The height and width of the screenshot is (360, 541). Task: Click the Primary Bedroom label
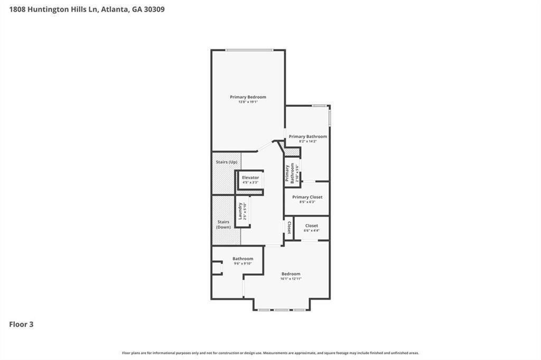(248, 97)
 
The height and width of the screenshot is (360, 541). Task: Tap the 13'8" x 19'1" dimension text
(248, 102)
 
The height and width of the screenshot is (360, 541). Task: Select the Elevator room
(250, 179)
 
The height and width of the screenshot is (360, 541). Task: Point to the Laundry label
(240, 211)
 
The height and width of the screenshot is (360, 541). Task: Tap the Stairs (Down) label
(223, 224)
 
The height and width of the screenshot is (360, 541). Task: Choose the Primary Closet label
(307, 197)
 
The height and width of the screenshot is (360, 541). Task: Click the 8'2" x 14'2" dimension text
(307, 141)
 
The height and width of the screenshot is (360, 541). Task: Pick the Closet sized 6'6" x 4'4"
(311, 228)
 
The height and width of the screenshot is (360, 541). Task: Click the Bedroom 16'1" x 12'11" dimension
(291, 279)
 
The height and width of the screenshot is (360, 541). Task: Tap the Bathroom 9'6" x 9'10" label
(243, 259)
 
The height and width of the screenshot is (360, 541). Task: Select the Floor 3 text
(21, 325)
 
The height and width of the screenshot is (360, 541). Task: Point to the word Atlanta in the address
(113, 9)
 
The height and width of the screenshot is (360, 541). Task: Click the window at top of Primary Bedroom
(249, 50)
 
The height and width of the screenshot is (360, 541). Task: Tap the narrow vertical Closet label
(289, 228)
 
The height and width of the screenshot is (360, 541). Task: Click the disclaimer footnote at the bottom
(270, 353)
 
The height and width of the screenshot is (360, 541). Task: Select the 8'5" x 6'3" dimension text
(307, 202)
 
